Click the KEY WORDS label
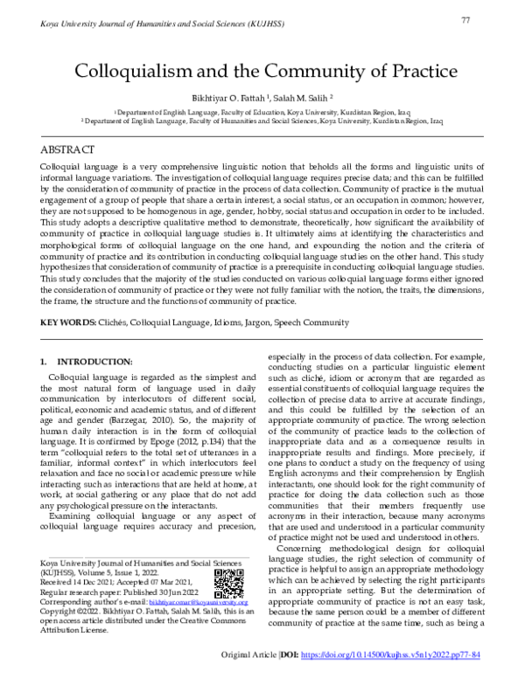tap(67, 322)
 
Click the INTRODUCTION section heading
tap(93, 362)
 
